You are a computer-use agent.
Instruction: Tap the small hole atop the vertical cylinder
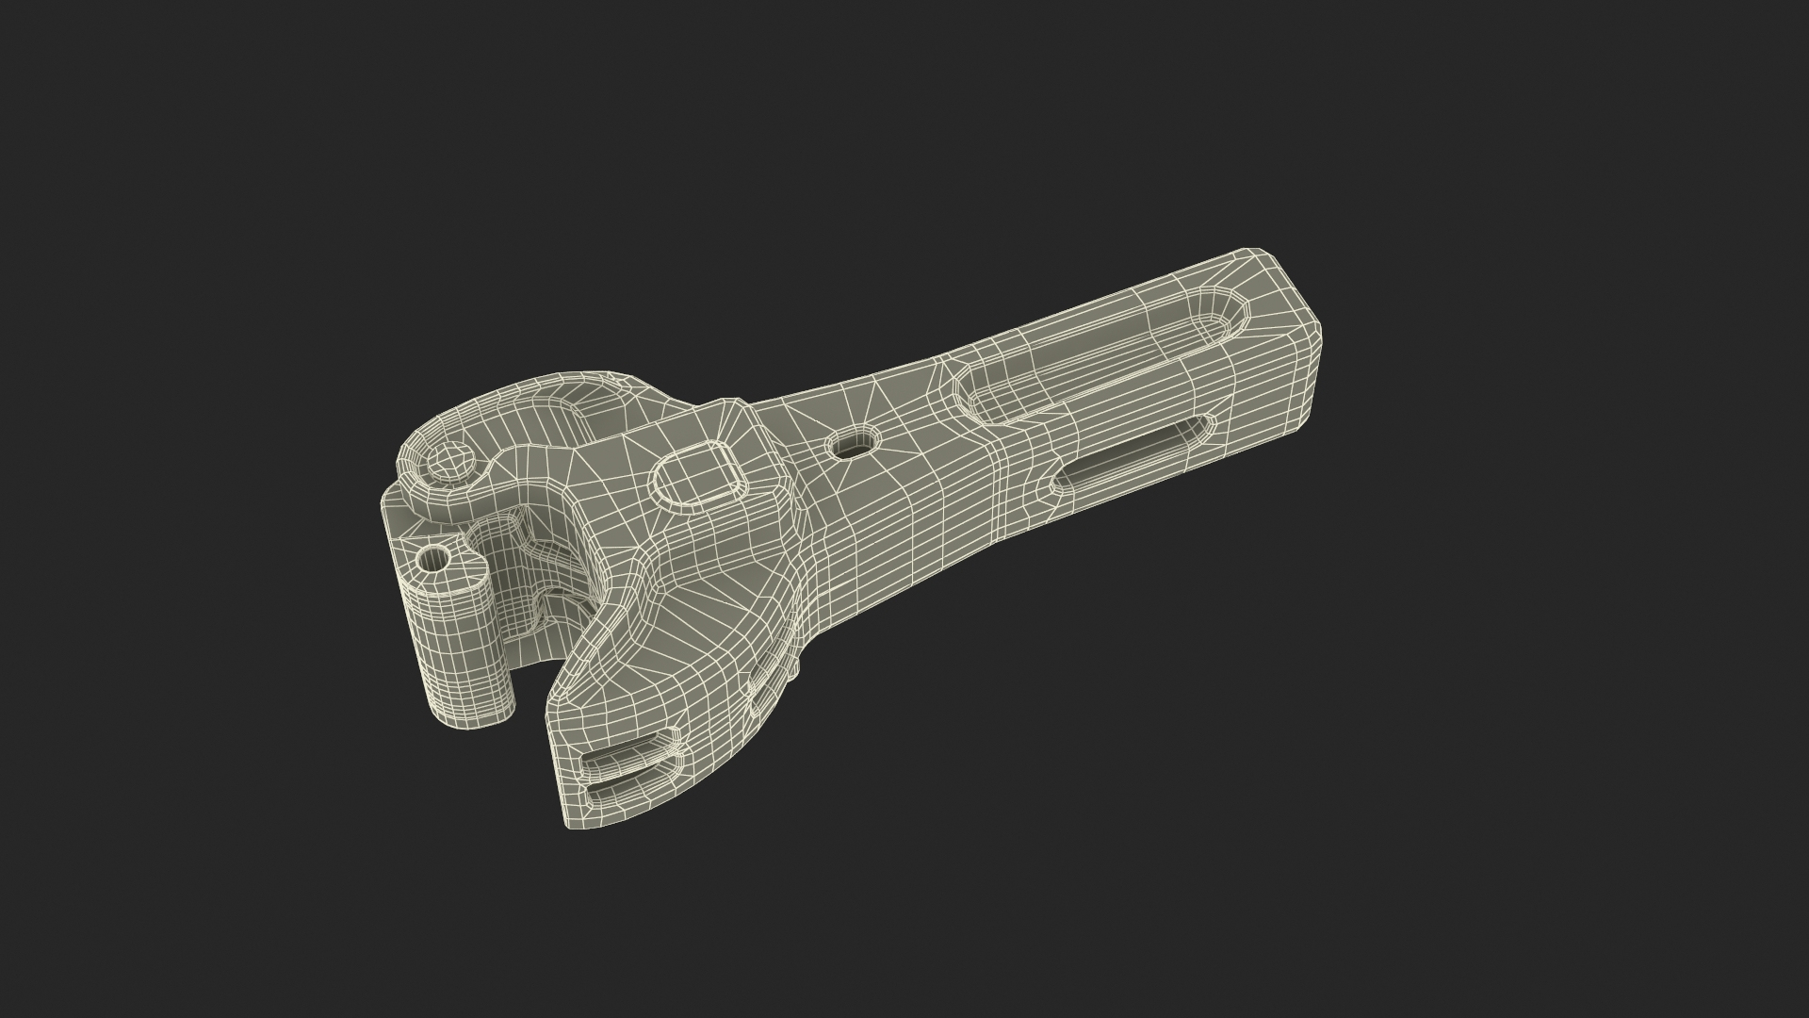click(435, 558)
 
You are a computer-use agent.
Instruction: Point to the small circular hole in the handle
click(852, 443)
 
